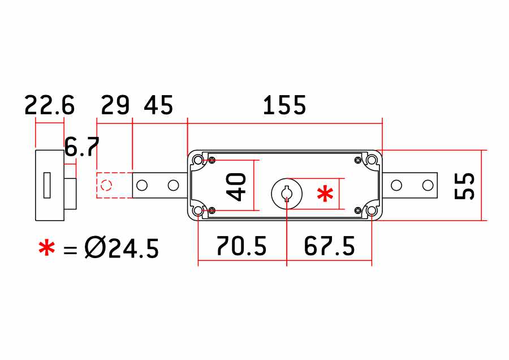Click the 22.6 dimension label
point(49,105)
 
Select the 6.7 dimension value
point(82,147)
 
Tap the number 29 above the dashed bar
point(115,105)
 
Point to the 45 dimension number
point(158,105)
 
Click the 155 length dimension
point(284,105)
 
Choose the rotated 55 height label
point(464,186)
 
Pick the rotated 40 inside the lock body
point(236,187)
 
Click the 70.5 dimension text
point(241,246)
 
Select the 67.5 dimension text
point(329,246)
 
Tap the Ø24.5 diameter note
point(122,248)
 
